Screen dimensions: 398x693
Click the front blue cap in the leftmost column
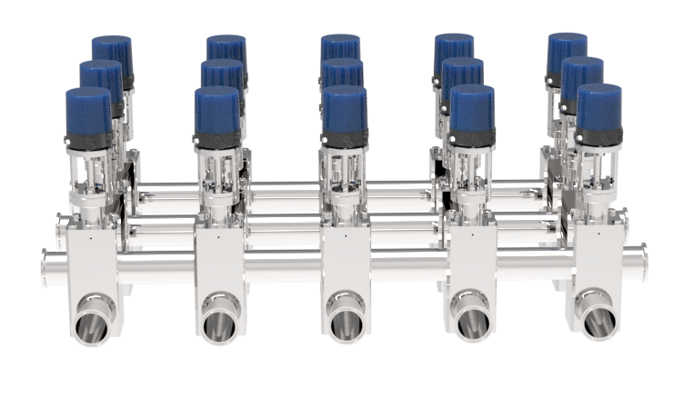88,112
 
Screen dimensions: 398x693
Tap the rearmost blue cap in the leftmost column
113,51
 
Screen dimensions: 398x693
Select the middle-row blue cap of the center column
343,73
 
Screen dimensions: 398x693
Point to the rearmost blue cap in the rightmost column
567,50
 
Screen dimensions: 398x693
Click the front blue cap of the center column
345,111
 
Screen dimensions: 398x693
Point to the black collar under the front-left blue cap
87,141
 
